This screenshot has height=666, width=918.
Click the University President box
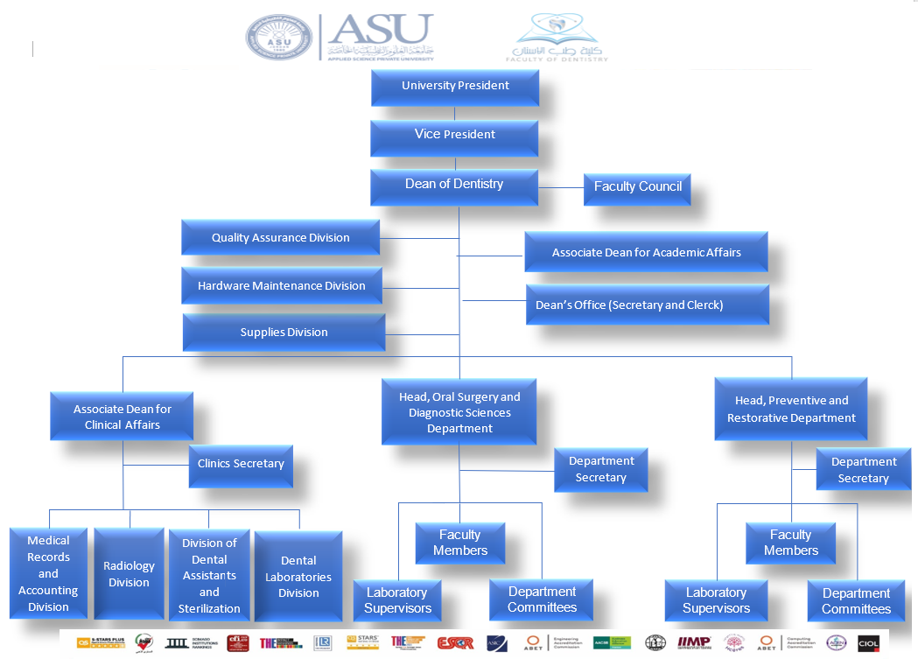coord(454,87)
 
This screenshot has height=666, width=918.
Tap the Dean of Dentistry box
coord(453,186)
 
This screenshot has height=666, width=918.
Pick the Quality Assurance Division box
coord(280,238)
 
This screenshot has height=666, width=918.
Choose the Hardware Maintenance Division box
coord(281,286)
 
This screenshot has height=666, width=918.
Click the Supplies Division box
coord(284,333)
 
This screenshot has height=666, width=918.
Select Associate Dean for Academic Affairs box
coord(646,252)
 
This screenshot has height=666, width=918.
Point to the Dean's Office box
coord(647,305)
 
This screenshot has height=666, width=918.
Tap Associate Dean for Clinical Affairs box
coord(122,416)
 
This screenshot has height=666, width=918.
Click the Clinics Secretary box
coord(241,465)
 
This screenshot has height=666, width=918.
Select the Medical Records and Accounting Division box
coord(48,573)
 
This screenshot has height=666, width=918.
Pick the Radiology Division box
coord(129,573)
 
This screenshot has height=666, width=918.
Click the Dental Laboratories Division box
coord(298,577)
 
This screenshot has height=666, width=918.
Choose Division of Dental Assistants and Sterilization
coord(209,576)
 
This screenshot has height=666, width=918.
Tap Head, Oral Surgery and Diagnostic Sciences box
coord(459,412)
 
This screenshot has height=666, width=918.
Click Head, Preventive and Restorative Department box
coord(790,409)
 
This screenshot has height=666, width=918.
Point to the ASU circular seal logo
coord(278,38)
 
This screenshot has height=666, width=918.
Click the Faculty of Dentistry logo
coord(557,38)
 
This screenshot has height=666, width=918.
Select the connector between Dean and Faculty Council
coord(561,187)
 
